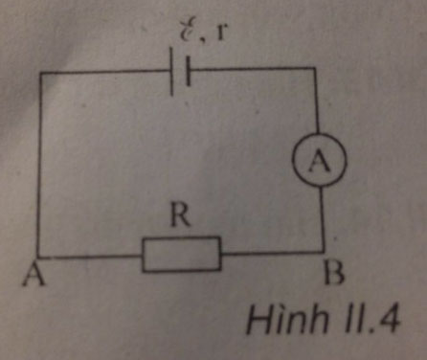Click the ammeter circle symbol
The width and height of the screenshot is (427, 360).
click(316, 164)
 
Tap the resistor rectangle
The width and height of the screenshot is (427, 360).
click(182, 255)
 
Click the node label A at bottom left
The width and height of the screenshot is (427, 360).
click(35, 276)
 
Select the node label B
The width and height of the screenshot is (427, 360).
click(331, 277)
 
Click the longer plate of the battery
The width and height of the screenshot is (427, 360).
click(172, 74)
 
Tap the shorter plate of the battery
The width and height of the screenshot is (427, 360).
click(190, 74)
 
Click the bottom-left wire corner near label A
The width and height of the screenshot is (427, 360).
click(39, 259)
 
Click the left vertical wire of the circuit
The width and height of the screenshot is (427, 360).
click(39, 163)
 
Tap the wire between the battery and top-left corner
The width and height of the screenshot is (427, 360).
click(105, 73)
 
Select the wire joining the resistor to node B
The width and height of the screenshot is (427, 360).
click(272, 254)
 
